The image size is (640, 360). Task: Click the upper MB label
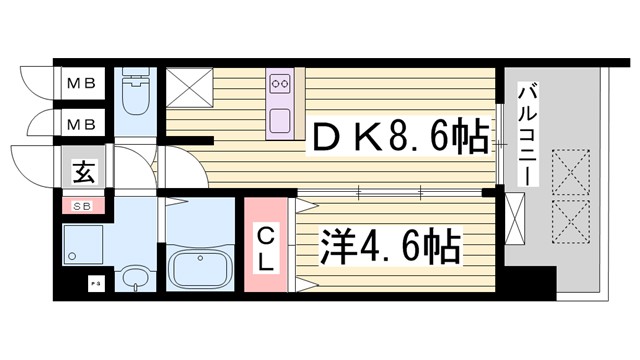(82, 84)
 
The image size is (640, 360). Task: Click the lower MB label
(82, 126)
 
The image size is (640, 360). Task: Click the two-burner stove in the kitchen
(281, 83)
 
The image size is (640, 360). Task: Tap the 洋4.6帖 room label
(390, 244)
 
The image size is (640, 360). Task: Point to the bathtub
(198, 266)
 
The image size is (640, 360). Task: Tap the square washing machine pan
(85, 246)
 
